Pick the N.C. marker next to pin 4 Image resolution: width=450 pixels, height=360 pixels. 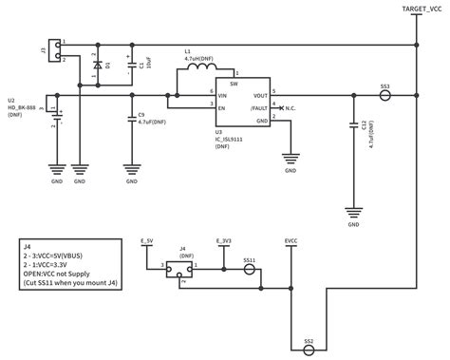(293, 107)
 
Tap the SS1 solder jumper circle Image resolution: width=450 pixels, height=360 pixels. (384, 95)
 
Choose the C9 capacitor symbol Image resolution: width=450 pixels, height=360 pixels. (131, 119)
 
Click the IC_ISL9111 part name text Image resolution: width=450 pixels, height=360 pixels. (229, 139)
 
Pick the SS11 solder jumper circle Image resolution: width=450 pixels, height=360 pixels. (249, 269)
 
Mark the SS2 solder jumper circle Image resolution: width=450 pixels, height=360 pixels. (308, 349)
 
